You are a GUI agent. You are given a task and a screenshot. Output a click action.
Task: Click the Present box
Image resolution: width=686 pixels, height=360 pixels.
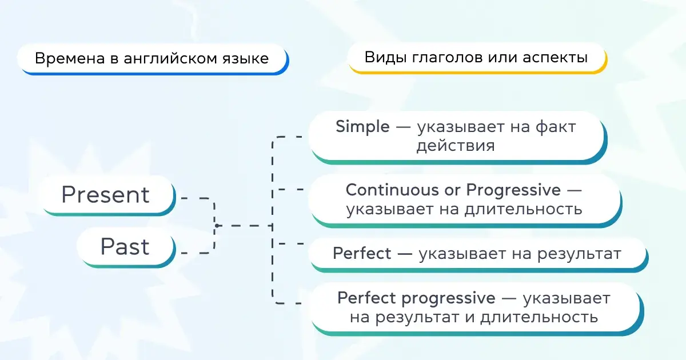(106, 195)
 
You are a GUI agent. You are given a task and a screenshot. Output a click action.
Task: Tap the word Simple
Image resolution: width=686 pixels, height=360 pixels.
(362, 127)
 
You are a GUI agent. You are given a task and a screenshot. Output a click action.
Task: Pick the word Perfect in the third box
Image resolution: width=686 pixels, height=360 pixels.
(362, 253)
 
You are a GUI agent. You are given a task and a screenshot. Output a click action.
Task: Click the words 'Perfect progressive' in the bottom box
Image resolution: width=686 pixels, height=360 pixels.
(416, 298)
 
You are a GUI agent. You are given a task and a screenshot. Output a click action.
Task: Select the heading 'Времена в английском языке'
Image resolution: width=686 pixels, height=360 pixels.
(151, 59)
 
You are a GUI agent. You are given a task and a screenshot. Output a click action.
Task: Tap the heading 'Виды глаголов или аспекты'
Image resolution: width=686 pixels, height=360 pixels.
(476, 58)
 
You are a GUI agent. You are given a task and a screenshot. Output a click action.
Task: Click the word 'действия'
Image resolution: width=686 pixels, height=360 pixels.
(455, 146)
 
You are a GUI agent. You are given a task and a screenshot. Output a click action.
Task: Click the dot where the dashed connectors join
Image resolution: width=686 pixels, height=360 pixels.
(217, 226)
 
